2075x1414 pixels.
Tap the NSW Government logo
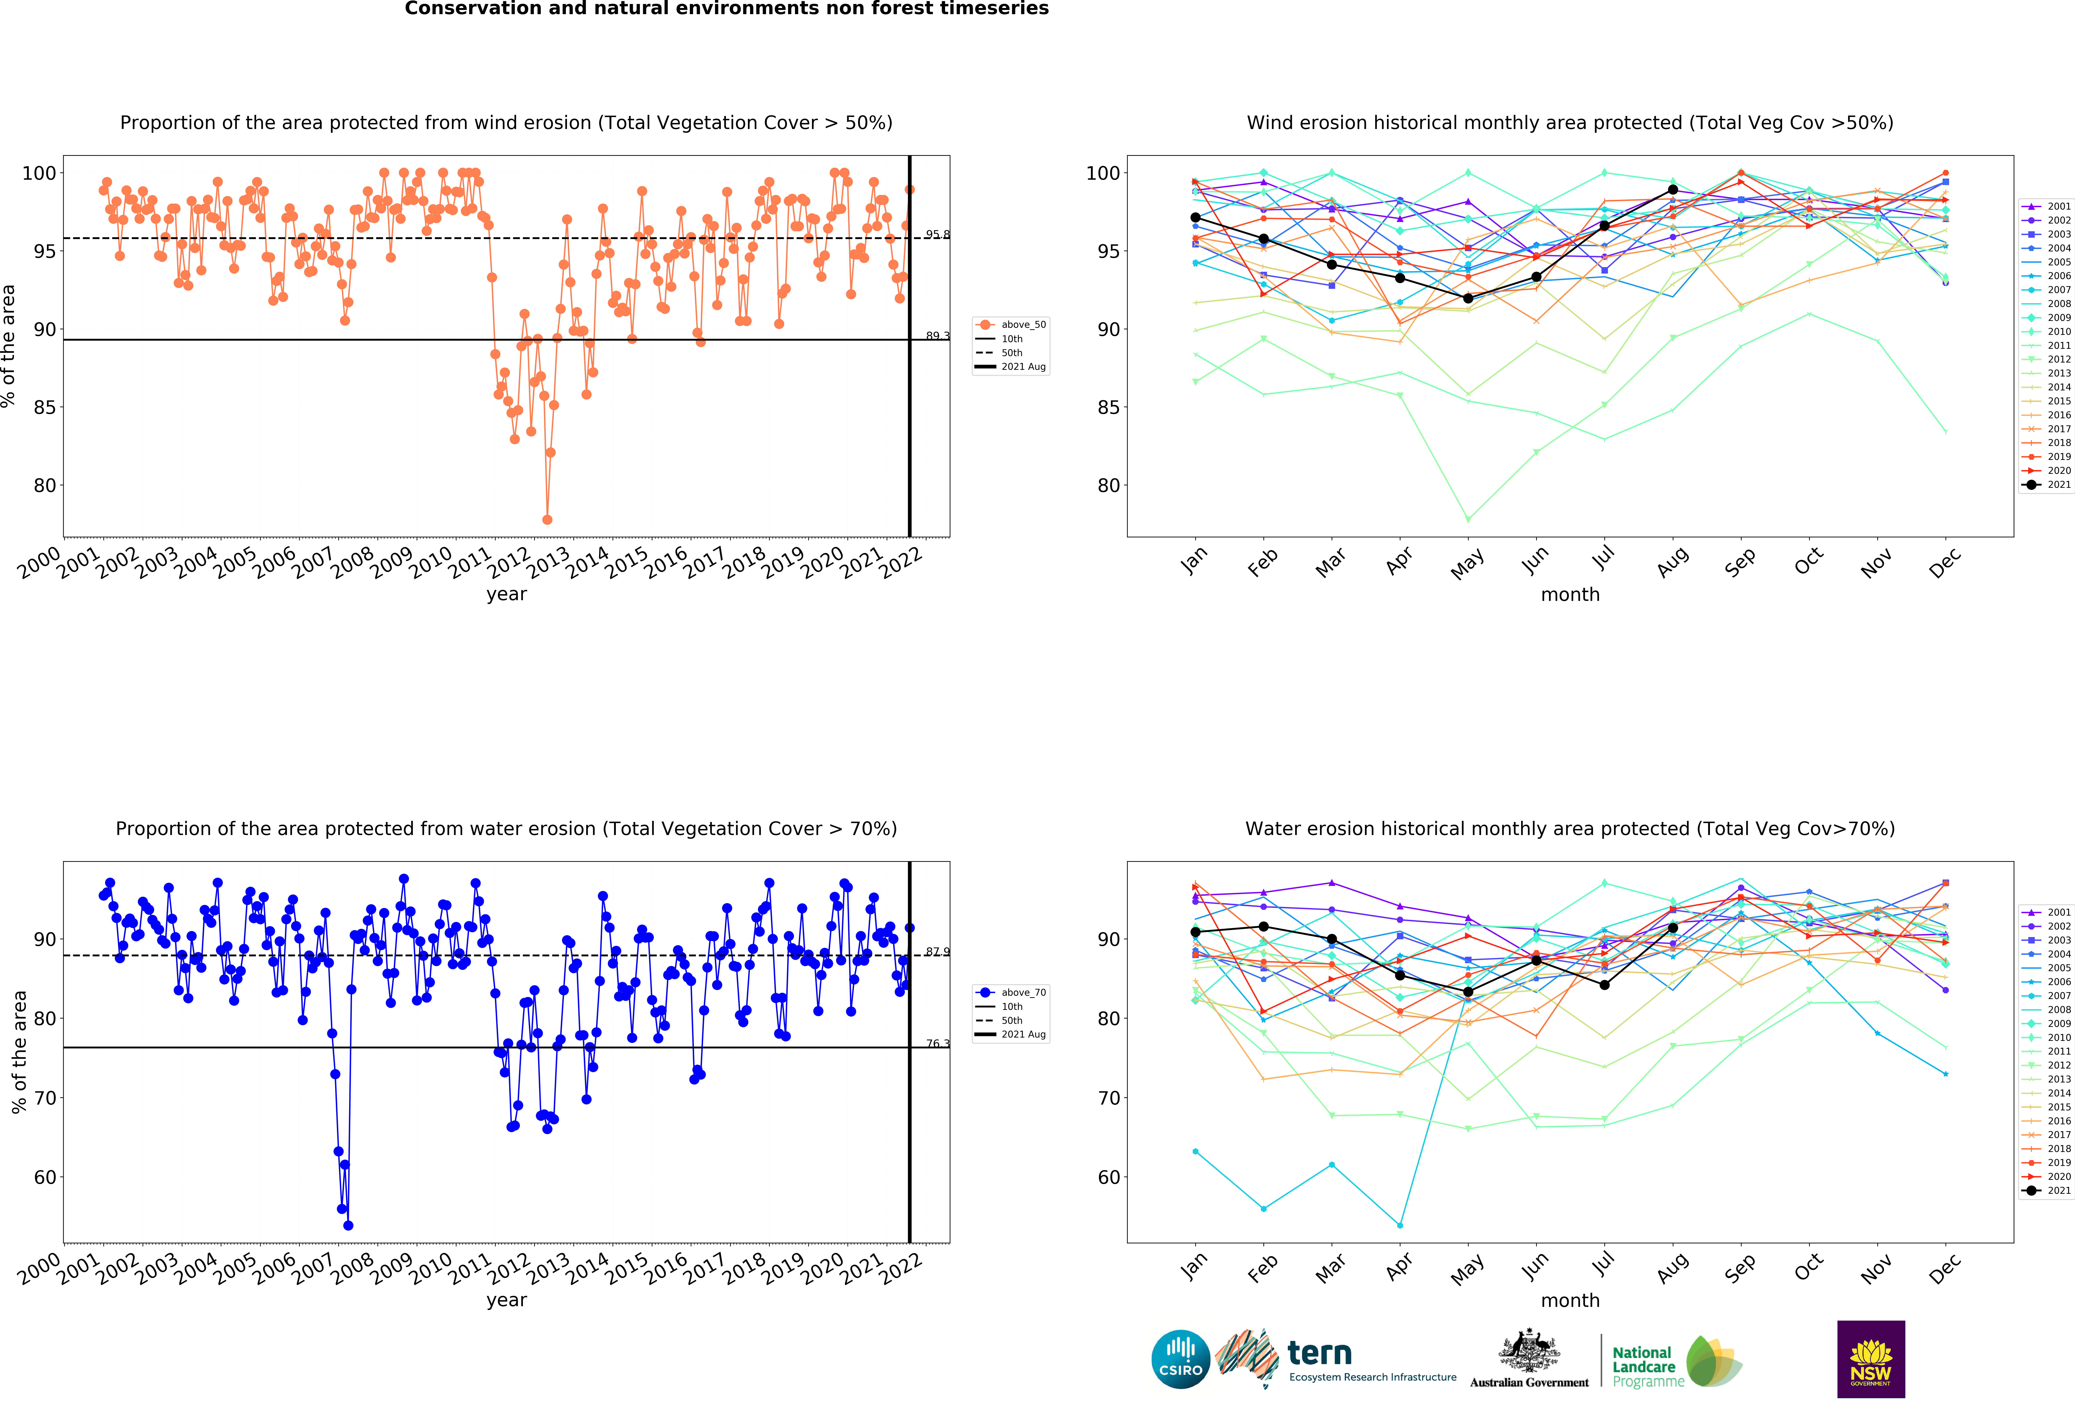[1870, 1359]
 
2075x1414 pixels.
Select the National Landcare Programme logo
[1677, 1361]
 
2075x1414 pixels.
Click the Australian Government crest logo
[1530, 1359]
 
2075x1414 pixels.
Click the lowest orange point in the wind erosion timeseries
[547, 519]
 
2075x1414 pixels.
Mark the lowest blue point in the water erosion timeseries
[348, 1226]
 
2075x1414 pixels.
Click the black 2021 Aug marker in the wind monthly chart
[1672, 190]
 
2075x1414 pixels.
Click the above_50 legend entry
[1011, 325]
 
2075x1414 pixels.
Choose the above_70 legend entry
[1011, 993]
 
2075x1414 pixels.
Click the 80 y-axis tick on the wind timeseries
[44, 486]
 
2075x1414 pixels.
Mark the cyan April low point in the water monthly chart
[1399, 1226]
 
